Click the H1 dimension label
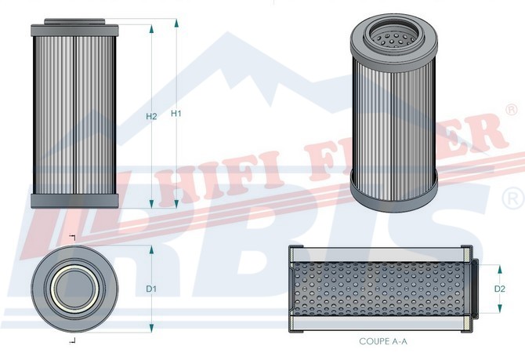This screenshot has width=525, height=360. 176,114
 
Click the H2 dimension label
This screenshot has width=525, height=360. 151,116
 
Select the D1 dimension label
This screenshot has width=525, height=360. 151,289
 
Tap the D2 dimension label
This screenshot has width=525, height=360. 500,289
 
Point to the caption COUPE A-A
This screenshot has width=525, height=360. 383,341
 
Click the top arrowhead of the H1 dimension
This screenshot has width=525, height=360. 176,23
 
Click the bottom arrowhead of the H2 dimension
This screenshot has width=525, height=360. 151,203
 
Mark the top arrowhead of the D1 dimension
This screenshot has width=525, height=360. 151,249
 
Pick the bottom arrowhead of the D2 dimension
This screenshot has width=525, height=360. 500,308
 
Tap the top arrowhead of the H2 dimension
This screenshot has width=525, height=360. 151,29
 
